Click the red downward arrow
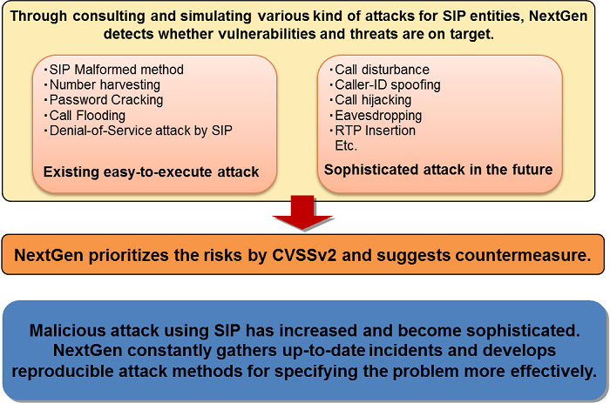pyautogui.click(x=302, y=212)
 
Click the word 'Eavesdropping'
pyautogui.click(x=378, y=116)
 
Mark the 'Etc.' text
pyautogui.click(x=346, y=145)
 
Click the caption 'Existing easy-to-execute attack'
pyautogui.click(x=151, y=171)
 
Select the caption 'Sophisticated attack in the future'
pyautogui.click(x=438, y=170)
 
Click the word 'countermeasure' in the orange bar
pyautogui.click(x=523, y=255)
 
